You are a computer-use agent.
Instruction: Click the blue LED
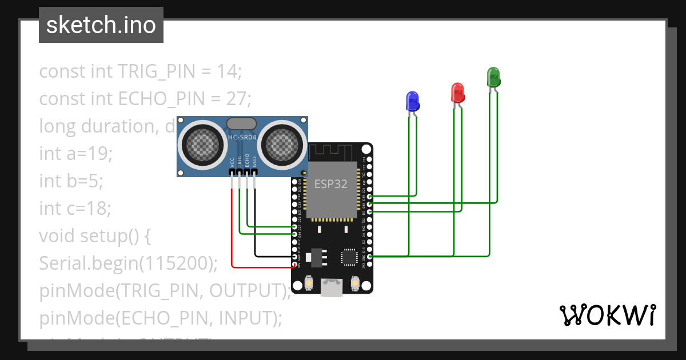click(412, 101)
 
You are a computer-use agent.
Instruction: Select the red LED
click(457, 93)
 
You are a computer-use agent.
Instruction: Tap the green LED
click(493, 77)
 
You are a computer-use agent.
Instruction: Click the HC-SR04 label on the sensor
click(242, 137)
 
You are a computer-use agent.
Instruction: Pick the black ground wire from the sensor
click(255, 229)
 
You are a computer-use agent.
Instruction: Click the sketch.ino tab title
click(101, 25)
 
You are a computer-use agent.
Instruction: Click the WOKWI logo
click(607, 315)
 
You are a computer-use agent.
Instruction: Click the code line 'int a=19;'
click(76, 154)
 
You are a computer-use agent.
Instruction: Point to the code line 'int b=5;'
click(71, 181)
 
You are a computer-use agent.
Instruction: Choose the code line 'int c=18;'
click(75, 209)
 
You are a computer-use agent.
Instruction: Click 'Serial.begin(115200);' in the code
click(129, 263)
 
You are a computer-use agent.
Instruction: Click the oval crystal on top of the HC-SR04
click(242, 123)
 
